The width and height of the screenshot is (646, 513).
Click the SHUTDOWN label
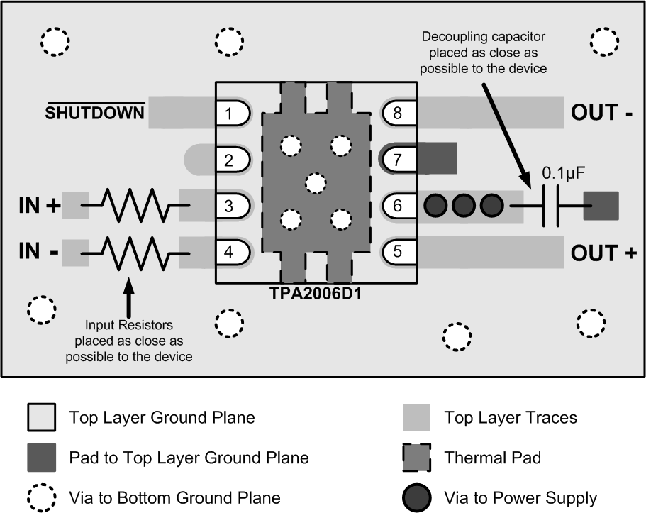coord(95,112)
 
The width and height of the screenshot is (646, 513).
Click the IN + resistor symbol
coord(135,206)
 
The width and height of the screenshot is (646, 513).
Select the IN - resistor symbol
coord(135,252)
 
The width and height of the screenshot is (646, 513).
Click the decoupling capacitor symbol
coord(550,206)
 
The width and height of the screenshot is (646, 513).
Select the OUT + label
coord(603,253)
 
